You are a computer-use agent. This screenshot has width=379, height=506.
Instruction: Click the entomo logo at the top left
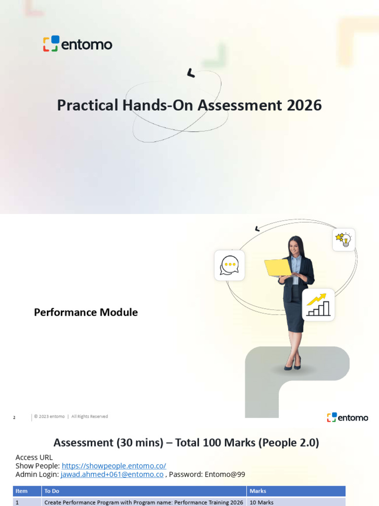click(77, 44)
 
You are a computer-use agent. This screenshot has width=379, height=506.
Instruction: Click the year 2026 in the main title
click(304, 105)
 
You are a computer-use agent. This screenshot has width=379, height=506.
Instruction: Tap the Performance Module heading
click(86, 312)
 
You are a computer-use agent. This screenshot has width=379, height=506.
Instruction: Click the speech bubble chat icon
click(229, 265)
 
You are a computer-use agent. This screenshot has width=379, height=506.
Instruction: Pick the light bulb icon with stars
click(344, 240)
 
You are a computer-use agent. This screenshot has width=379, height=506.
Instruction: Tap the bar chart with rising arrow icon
click(318, 304)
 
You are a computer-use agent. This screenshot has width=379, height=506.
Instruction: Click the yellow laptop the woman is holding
click(277, 268)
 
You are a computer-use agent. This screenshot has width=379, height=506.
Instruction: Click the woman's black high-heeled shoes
click(293, 364)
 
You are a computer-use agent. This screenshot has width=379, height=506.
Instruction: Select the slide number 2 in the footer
click(14, 418)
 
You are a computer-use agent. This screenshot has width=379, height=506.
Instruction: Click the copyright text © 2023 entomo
click(49, 417)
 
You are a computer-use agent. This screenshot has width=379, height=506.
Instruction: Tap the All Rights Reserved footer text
click(90, 417)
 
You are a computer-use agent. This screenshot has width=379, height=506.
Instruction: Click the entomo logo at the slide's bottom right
click(347, 418)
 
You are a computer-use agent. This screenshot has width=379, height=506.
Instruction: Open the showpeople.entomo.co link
click(114, 466)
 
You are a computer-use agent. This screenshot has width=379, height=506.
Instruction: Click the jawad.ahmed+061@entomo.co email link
click(112, 474)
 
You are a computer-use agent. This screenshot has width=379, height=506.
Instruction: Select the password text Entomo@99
click(225, 474)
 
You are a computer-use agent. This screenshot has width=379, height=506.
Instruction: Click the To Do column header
click(52, 491)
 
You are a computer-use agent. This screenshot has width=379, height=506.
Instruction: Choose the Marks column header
click(258, 491)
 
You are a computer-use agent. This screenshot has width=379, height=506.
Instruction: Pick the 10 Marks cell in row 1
click(262, 503)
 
